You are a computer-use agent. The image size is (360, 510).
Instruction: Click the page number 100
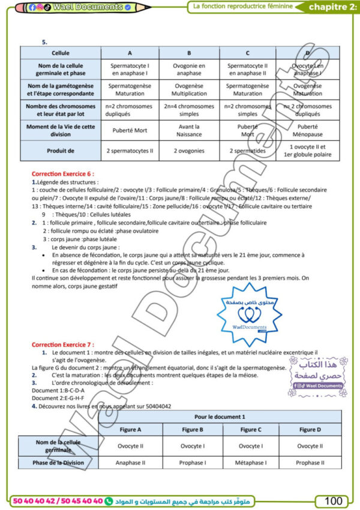point(333,500)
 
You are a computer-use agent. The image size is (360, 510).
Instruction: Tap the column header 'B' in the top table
point(190,53)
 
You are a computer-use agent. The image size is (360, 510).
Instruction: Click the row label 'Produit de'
point(60,151)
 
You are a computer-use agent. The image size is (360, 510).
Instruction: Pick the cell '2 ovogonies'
point(190,151)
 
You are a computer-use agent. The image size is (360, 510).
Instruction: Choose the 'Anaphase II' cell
point(131,463)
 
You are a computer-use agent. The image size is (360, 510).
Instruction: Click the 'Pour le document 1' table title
point(221,416)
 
